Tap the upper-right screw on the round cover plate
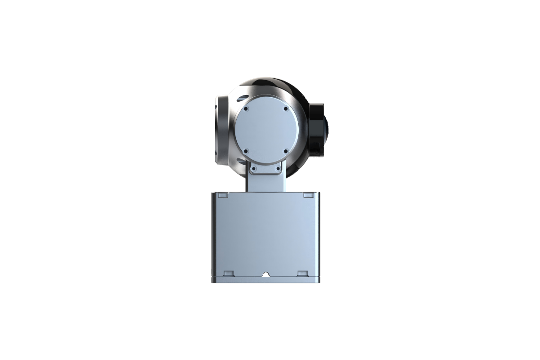(x=286, y=108)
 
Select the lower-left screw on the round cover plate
(x=246, y=151)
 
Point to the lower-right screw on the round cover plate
(x=286, y=151)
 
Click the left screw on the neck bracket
(x=254, y=169)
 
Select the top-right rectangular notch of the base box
(x=308, y=195)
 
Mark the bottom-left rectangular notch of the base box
(x=229, y=273)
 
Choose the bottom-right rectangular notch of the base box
(x=302, y=273)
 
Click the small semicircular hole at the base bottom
(x=266, y=274)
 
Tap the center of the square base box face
(x=266, y=234)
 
